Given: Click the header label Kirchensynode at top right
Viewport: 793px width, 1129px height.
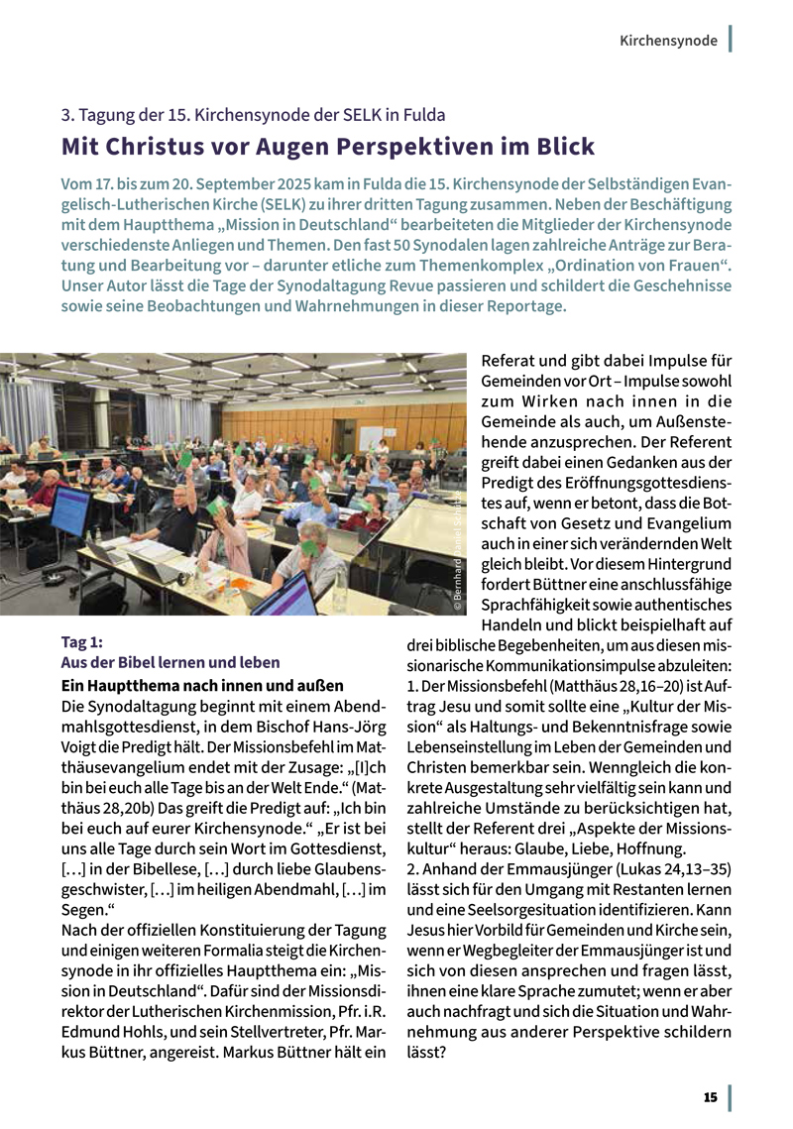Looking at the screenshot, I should [x=668, y=41].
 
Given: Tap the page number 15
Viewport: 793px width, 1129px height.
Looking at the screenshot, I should [x=710, y=1097].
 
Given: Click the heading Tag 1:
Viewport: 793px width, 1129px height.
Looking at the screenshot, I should [x=82, y=642].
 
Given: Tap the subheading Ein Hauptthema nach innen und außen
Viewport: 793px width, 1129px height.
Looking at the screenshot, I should [x=202, y=685].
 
